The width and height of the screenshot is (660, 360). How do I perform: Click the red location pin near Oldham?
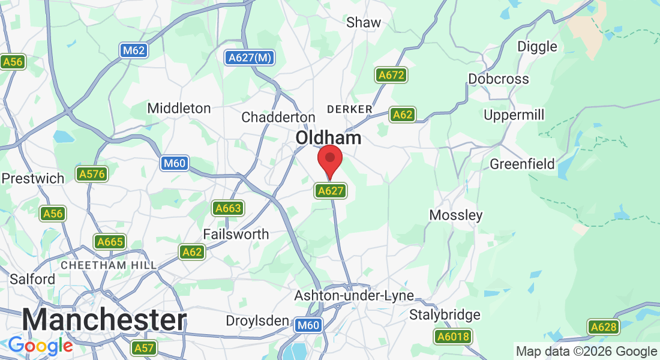[329, 160]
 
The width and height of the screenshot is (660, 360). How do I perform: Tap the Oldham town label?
[328, 138]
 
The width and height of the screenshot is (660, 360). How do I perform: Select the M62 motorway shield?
[133, 50]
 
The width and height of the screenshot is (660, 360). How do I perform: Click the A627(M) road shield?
[250, 58]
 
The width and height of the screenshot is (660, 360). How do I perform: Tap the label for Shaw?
[364, 23]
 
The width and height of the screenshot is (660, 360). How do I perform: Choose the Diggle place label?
[537, 47]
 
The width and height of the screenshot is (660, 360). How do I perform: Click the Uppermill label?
[514, 114]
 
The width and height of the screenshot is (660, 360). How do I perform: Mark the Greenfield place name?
[522, 164]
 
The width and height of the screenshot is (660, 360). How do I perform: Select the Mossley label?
[456, 215]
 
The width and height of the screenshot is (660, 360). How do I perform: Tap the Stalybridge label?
[445, 314]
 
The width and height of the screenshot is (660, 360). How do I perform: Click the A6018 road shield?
[452, 337]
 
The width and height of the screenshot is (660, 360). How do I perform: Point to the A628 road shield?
[603, 327]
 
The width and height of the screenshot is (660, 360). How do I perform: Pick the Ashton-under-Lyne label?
[354, 296]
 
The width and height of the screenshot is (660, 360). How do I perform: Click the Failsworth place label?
[236, 234]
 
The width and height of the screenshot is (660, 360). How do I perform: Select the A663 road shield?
[228, 209]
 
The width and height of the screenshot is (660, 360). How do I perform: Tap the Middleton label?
[179, 109]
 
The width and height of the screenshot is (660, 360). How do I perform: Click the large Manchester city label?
[104, 320]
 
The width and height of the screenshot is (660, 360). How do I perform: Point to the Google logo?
[40, 346]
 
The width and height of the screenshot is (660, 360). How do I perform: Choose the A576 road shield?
[91, 175]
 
